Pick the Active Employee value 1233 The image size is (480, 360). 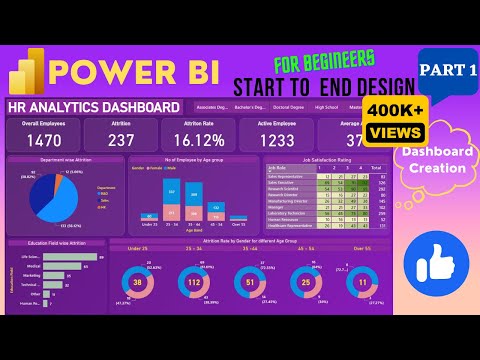(x=276, y=141)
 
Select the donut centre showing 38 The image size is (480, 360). (x=138, y=283)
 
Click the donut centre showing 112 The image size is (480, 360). (x=195, y=283)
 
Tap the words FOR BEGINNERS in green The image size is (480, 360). (x=323, y=57)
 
